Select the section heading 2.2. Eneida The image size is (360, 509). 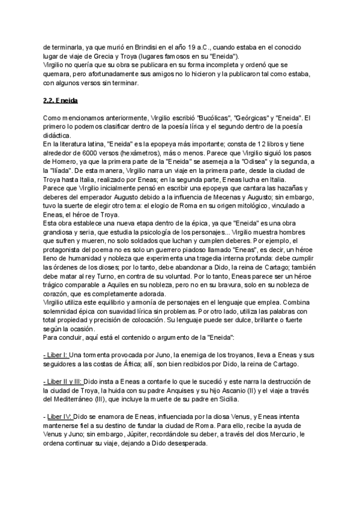point(62,100)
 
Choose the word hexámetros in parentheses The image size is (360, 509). point(143,149)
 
